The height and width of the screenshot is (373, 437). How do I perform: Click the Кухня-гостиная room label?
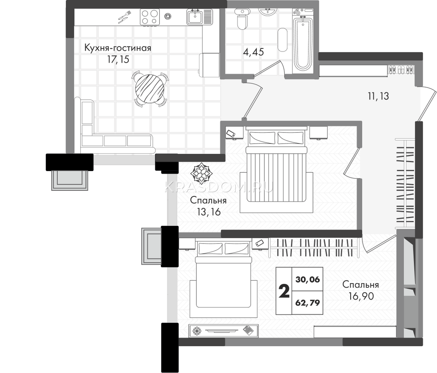[118, 48]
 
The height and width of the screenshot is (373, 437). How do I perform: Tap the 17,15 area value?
[118, 59]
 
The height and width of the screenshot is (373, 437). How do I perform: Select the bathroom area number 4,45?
[253, 52]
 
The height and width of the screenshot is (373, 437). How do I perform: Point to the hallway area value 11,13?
[378, 96]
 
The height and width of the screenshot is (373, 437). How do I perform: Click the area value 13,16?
[209, 212]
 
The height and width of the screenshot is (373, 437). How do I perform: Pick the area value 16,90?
[361, 296]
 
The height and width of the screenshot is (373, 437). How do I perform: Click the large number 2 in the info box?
[284, 291]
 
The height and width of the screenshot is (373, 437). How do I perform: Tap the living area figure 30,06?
[308, 279]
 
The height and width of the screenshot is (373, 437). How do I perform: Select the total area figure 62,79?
[308, 303]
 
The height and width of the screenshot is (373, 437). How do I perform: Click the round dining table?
[150, 88]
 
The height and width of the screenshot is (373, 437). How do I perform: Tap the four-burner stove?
[150, 17]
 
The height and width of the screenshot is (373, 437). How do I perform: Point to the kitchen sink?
[196, 17]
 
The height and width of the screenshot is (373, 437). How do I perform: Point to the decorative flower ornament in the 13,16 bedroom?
[201, 173]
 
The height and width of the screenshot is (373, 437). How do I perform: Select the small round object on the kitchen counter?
[168, 16]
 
